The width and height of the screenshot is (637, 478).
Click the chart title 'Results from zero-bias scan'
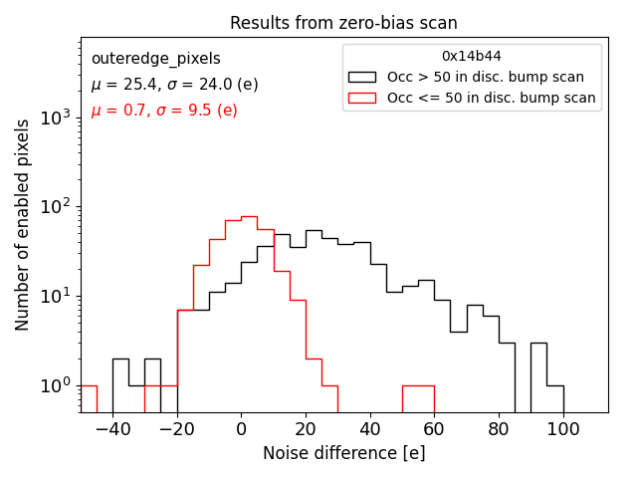pos(343,23)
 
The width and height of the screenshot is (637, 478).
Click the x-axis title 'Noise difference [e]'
pos(343,453)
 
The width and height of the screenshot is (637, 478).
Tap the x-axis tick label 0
pos(241,428)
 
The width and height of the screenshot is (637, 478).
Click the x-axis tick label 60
pos(434,428)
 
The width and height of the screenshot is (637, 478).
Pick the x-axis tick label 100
pos(562,428)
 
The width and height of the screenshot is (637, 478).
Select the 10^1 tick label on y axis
pos(55,296)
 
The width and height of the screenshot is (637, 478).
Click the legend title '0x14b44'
pos(472,57)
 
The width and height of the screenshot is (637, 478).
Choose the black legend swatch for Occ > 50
pos(363,77)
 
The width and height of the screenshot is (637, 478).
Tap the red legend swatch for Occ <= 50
pos(363,98)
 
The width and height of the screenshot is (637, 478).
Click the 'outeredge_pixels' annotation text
pos(155,59)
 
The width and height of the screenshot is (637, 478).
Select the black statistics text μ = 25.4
pos(174,85)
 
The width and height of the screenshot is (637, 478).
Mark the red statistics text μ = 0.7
pos(164,110)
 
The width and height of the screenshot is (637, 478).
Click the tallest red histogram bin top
pos(249,216)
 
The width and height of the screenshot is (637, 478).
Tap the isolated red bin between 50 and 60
pos(418,385)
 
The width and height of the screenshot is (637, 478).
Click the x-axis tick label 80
pos(499,428)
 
